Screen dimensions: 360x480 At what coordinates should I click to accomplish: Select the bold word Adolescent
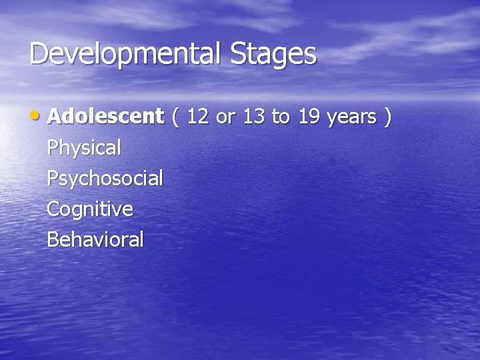click(x=105, y=117)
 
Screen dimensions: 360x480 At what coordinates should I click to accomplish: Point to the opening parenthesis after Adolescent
click(x=175, y=117)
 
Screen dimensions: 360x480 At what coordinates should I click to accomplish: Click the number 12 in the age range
click(x=197, y=117)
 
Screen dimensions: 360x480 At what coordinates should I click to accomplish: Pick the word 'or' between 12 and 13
click(x=226, y=118)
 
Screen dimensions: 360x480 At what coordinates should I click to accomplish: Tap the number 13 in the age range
click(x=254, y=117)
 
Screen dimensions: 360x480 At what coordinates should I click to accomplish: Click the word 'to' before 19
click(x=281, y=117)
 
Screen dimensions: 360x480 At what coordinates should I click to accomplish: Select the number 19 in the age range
click(x=309, y=117)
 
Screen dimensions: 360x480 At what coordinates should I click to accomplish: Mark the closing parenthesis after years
click(x=387, y=117)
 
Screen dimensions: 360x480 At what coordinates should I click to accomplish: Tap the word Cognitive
click(x=90, y=210)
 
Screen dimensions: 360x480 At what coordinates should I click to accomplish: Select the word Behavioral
click(x=95, y=240)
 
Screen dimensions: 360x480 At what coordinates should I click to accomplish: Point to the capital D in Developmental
click(x=39, y=54)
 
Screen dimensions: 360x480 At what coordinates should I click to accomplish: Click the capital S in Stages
click(x=239, y=54)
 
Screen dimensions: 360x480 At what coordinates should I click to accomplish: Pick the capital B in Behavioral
click(x=53, y=240)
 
